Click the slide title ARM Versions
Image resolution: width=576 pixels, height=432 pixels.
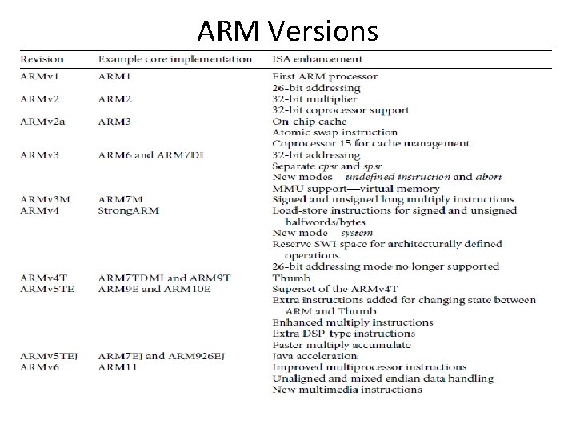point(287,30)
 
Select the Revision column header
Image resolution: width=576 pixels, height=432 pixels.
point(42,58)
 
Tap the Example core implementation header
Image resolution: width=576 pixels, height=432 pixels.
point(174,58)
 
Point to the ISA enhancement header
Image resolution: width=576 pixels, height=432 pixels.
point(317,58)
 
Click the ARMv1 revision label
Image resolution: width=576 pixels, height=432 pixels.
point(41,77)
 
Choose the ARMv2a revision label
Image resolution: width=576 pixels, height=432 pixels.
point(44,122)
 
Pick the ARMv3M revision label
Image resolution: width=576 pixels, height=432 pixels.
point(45,199)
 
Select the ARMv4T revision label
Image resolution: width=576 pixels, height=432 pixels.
point(44,278)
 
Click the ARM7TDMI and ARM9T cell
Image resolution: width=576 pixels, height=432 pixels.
point(164,278)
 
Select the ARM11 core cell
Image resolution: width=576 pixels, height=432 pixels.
point(118,367)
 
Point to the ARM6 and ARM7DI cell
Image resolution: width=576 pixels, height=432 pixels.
point(152,155)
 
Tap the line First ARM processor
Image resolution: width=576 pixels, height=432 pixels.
point(325,77)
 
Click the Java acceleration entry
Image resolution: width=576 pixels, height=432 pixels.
point(314,356)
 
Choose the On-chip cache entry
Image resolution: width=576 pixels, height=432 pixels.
point(309,122)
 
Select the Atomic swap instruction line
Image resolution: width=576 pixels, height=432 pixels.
point(334,133)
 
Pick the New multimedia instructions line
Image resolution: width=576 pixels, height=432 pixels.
point(346,390)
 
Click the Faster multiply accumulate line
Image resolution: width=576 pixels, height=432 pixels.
point(342,345)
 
